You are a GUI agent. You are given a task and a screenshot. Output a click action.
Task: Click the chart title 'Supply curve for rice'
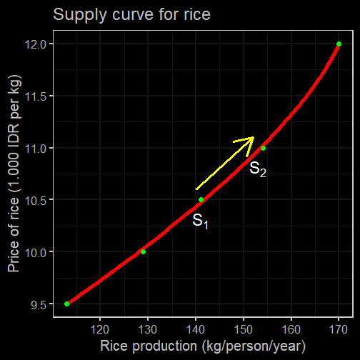[131, 15]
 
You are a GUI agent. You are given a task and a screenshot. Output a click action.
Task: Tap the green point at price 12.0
[339, 44]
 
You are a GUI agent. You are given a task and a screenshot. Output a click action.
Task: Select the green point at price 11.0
[263, 148]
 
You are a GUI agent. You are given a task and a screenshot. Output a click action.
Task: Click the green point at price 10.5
[201, 199]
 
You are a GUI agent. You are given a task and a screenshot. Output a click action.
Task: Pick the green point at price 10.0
[143, 251]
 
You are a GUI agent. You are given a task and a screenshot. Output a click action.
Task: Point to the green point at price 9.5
[66, 304]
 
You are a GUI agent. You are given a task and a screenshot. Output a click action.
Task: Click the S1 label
[200, 221]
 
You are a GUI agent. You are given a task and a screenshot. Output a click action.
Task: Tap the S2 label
[258, 169]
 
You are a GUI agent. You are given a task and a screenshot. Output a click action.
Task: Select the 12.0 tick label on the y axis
[36, 44]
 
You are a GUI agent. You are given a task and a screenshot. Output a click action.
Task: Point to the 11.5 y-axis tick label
[36, 96]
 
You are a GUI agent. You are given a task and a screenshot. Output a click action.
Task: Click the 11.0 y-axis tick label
[36, 149]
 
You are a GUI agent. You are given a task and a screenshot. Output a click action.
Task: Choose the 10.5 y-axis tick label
[36, 201]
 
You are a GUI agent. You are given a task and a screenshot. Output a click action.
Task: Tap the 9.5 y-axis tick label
[39, 305]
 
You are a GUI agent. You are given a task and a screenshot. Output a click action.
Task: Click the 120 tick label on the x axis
[100, 330]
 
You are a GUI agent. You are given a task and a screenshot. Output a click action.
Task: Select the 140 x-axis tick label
[196, 330]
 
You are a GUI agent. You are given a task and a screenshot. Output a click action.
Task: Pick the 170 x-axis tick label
[339, 330]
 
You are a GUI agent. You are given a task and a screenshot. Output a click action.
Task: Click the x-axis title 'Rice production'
[149, 346]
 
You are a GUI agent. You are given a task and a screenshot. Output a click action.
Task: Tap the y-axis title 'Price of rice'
[14, 235]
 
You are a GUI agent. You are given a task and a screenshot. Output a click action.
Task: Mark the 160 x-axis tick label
[291, 330]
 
